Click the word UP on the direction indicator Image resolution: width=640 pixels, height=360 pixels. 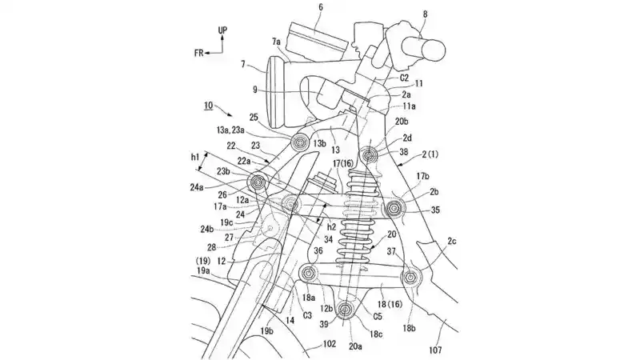click(x=223, y=30)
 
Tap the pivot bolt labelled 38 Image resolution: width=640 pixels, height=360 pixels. click(x=369, y=154)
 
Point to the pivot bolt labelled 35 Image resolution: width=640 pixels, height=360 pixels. click(x=394, y=209)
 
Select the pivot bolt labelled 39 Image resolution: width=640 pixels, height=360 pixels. click(x=345, y=310)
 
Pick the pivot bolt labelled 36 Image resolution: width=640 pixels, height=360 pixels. click(x=310, y=275)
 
